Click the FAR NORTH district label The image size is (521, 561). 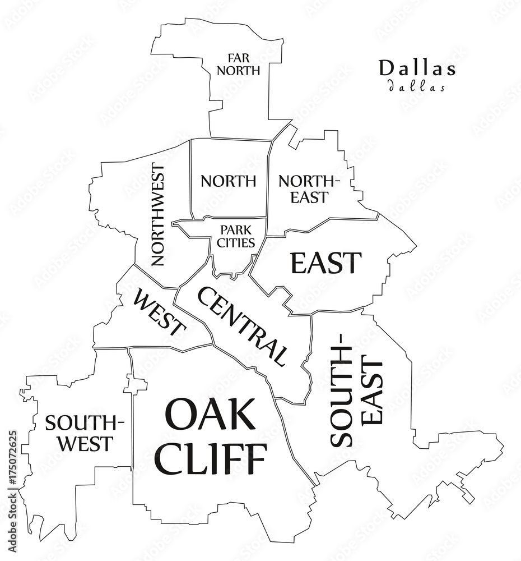click(239, 65)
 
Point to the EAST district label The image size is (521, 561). click(325, 263)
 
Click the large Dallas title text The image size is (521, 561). click(417, 68)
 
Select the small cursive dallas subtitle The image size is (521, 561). click(417, 87)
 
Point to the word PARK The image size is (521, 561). click(235, 230)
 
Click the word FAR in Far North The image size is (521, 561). click(238, 58)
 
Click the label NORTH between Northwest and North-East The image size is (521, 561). click(229, 181)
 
